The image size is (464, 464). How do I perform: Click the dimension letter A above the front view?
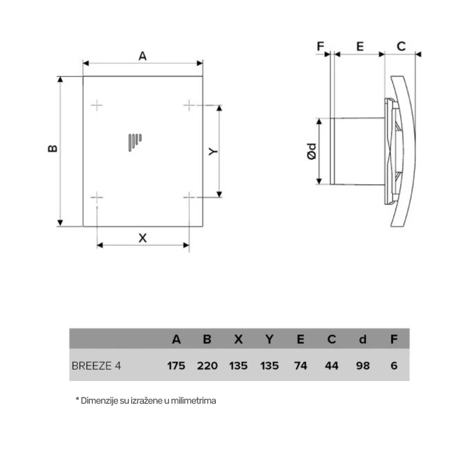coord(143,56)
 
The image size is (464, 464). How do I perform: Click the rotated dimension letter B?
coord(53,148)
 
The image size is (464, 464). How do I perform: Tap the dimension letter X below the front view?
coord(143,238)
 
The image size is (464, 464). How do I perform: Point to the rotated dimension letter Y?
coord(213,151)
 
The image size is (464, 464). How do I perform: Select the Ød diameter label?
coord(312,151)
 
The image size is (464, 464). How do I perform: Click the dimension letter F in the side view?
coord(320,46)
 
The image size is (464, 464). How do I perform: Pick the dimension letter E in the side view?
coord(360,46)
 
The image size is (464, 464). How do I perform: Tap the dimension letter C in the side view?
coord(401,46)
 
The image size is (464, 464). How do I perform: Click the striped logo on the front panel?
coord(135,142)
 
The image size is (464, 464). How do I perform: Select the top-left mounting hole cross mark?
coord(97,105)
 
